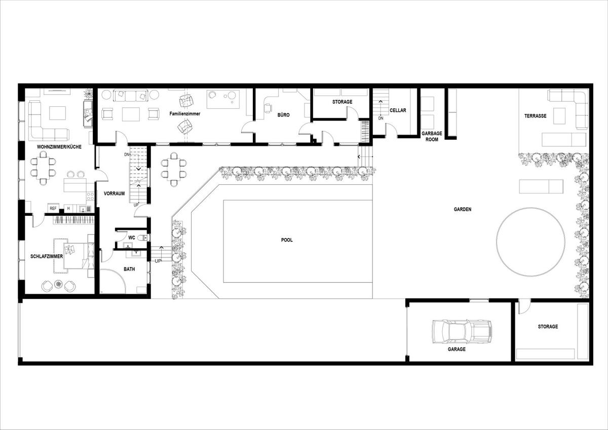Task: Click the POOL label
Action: [x=287, y=240]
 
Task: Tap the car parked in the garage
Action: [x=462, y=331]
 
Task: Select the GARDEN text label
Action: [x=463, y=209]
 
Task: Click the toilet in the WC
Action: [x=143, y=238]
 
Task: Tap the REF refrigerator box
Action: [x=53, y=208]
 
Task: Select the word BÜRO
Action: [x=283, y=115]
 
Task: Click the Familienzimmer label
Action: [x=185, y=113]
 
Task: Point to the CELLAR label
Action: [x=398, y=110]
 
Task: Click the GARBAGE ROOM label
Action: [x=432, y=136]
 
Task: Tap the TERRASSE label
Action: [x=535, y=116]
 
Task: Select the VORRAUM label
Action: [x=115, y=193]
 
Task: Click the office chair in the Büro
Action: [x=268, y=108]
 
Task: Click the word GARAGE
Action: [x=457, y=349]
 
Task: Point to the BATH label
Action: [x=129, y=269]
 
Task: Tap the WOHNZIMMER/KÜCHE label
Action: [x=59, y=147]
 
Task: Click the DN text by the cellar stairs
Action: [x=381, y=119]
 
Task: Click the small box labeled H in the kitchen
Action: [x=68, y=208]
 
